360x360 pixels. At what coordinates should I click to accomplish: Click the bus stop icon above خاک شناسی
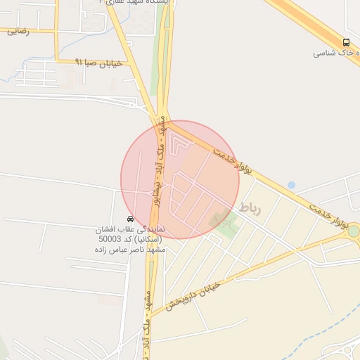[x=346, y=42]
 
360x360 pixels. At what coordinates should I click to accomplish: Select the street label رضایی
[x=18, y=32]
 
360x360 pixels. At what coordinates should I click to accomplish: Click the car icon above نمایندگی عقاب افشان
[x=131, y=219]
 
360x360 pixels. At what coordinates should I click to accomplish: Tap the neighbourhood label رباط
[x=250, y=208]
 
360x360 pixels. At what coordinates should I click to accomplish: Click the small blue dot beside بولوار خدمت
[x=291, y=185]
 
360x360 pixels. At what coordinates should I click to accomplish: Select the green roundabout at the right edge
[x=353, y=231]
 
